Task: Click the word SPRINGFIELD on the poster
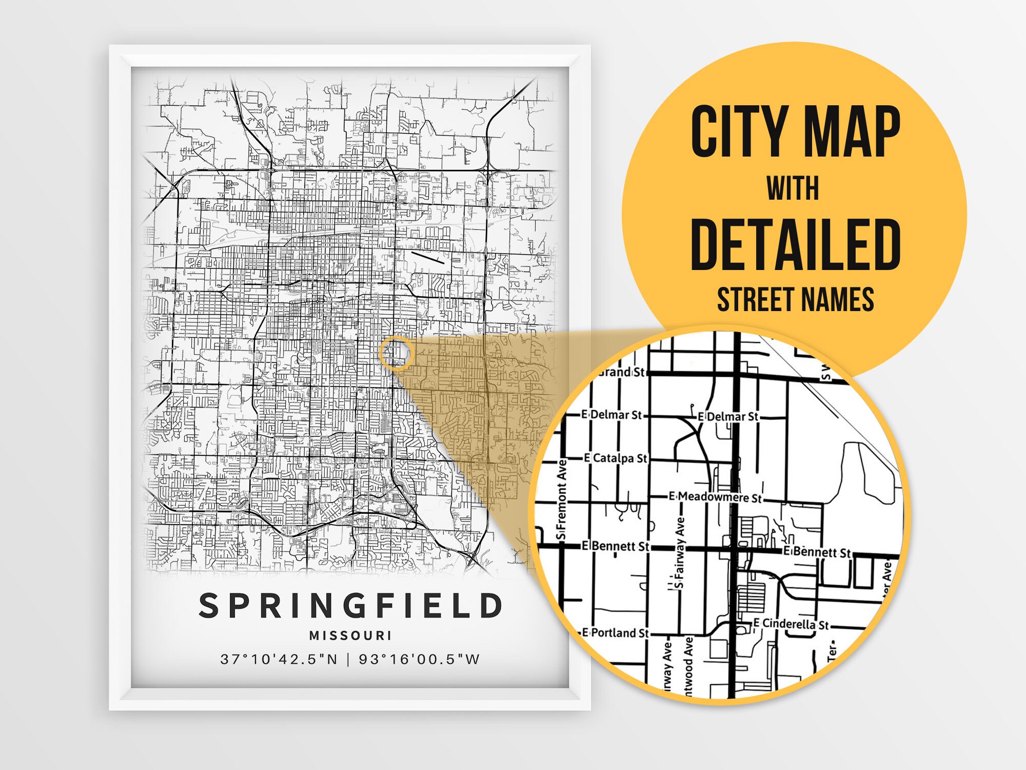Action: pos(350,606)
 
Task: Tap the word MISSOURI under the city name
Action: pos(350,636)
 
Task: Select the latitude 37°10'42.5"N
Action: pos(279,659)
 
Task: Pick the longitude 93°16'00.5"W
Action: pos(419,659)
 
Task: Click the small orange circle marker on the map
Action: pos(396,353)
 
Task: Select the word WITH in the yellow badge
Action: pos(793,188)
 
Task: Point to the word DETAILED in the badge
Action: pos(795,244)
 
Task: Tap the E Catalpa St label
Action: pos(616,458)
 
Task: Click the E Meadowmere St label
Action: pos(715,497)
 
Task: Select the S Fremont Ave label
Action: pos(562,500)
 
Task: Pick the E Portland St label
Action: pos(615,633)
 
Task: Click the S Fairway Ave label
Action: pos(680,552)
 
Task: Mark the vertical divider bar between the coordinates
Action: pos(348,659)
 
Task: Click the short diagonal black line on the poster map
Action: pos(428,257)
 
